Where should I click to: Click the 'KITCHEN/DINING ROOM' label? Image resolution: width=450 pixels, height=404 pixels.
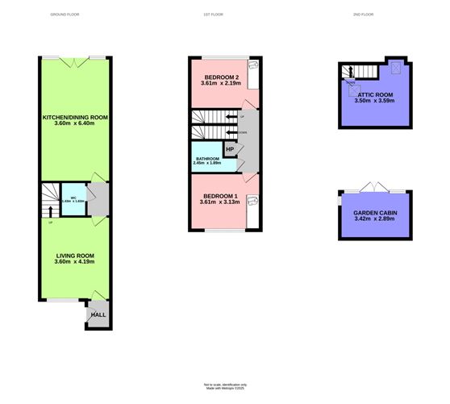[x=75, y=117]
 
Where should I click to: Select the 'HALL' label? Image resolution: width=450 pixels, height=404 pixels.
[x=98, y=314]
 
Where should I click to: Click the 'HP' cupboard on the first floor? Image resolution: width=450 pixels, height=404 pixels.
[x=230, y=149]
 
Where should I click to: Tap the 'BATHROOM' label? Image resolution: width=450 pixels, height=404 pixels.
[x=207, y=159]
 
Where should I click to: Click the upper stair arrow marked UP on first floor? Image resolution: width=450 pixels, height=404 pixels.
[x=234, y=118]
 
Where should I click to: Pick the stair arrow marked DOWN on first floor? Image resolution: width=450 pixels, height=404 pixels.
[x=233, y=131]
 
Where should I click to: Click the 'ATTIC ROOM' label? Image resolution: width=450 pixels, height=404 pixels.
[x=376, y=95]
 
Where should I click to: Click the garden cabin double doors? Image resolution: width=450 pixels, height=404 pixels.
[x=371, y=188]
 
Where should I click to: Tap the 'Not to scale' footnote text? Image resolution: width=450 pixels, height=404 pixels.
[x=224, y=385]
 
